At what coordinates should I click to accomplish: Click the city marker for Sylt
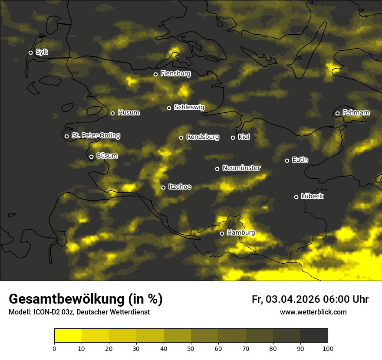point(30,52)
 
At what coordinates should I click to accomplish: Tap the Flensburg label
point(175,74)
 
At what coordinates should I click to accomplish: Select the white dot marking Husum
point(112,113)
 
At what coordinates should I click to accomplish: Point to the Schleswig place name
point(189,107)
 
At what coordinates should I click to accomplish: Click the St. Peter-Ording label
point(95,136)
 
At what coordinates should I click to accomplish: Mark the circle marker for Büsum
point(91,157)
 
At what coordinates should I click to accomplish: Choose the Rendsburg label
point(203,137)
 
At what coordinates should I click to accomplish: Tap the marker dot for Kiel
point(233,137)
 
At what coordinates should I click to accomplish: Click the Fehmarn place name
point(356,113)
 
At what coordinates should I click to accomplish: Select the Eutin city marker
point(287,160)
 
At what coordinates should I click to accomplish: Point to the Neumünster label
point(241,168)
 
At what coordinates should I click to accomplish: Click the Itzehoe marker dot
point(163,187)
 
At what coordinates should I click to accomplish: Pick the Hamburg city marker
point(222,233)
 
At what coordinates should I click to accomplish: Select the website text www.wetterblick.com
point(313,312)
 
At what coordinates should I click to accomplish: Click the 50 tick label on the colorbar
point(191,348)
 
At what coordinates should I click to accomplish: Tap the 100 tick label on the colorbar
point(328,348)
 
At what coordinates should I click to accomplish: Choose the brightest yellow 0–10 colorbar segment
point(68,336)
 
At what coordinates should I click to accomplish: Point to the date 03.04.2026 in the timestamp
point(293,299)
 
